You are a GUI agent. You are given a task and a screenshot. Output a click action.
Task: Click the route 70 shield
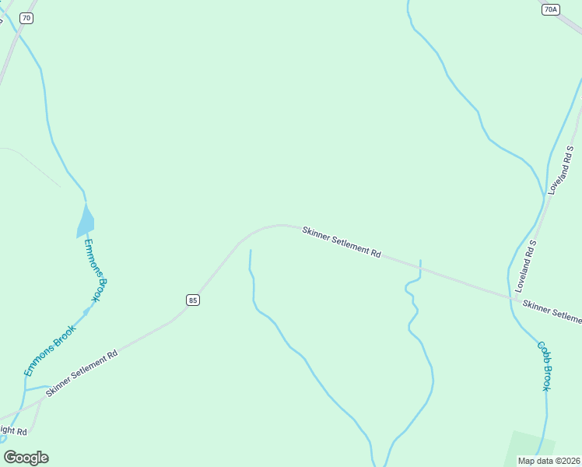click(27, 18)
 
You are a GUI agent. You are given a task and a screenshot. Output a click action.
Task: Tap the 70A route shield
click(550, 9)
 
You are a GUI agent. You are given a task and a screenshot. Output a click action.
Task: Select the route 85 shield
click(193, 300)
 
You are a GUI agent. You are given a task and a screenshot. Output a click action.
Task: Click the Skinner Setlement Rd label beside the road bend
click(342, 242)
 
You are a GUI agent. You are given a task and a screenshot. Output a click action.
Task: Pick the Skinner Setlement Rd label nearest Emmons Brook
click(81, 374)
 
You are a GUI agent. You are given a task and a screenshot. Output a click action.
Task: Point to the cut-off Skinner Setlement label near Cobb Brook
click(552, 311)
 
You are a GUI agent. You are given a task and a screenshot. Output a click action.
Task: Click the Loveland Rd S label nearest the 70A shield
click(559, 169)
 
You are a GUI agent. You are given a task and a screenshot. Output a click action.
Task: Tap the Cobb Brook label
click(542, 365)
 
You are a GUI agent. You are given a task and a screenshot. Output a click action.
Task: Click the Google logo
click(26, 458)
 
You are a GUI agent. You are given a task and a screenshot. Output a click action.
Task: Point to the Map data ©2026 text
click(549, 460)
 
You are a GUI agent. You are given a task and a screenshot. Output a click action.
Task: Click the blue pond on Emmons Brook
click(85, 222)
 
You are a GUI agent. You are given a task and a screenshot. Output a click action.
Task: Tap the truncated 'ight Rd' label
click(13, 430)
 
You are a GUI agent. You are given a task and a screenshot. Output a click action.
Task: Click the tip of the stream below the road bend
click(250, 251)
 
